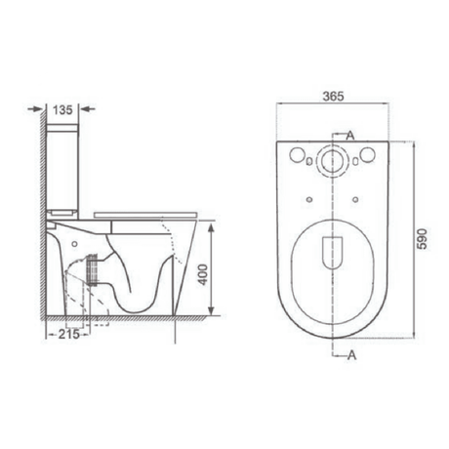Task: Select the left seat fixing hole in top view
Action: tap(309, 200)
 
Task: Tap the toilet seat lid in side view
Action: tap(146, 214)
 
